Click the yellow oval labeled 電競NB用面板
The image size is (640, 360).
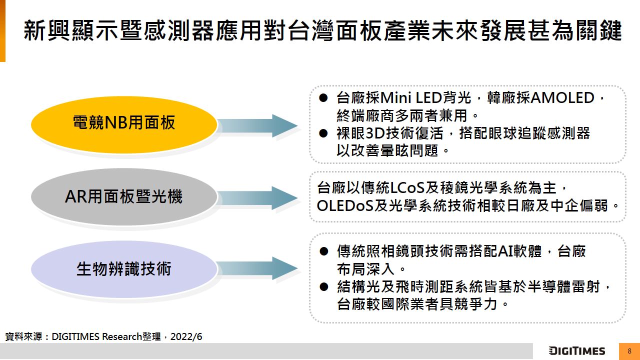(x=124, y=123)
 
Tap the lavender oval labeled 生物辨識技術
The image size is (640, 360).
(x=124, y=269)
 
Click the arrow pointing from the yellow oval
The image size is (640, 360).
(x=258, y=125)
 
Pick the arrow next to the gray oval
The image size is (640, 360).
(x=258, y=197)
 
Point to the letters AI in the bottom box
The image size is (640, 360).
(x=506, y=251)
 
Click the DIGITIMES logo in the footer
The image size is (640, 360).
(x=576, y=351)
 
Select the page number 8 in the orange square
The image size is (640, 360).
(x=629, y=351)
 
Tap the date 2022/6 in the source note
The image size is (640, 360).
(x=186, y=336)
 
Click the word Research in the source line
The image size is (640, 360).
(x=122, y=336)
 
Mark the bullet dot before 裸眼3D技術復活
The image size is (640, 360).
(x=323, y=133)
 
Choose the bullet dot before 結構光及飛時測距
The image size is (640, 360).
(x=323, y=287)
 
